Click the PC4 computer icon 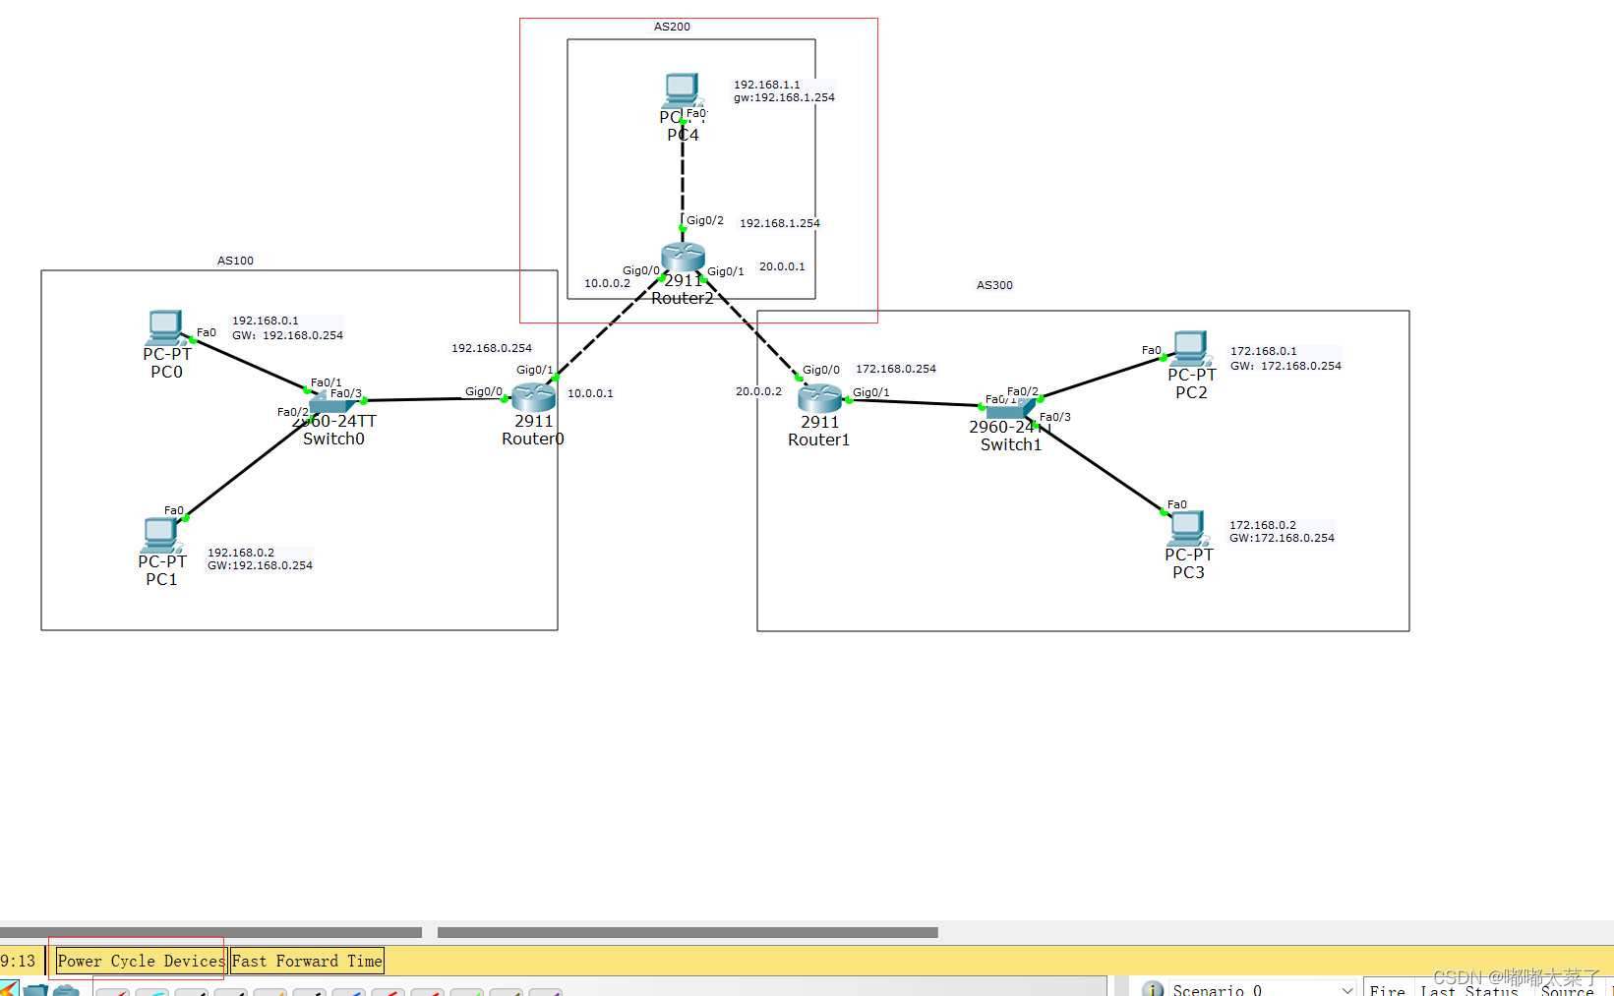pos(681,89)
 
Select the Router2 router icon pos(683,257)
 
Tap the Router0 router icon pos(533,396)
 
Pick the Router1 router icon pos(819,397)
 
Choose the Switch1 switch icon pos(1010,408)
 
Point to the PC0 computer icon pos(165,327)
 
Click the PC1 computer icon pos(160,535)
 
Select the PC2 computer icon pos(1189,348)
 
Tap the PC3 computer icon pos(1187,528)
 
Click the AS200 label pos(672,27)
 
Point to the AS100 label pos(235,261)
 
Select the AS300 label pos(994,285)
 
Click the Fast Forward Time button pos(307,961)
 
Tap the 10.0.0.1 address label pos(590,393)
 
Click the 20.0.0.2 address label pos(758,391)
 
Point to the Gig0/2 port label pos(705,220)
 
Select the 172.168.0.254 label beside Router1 pos(896,369)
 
